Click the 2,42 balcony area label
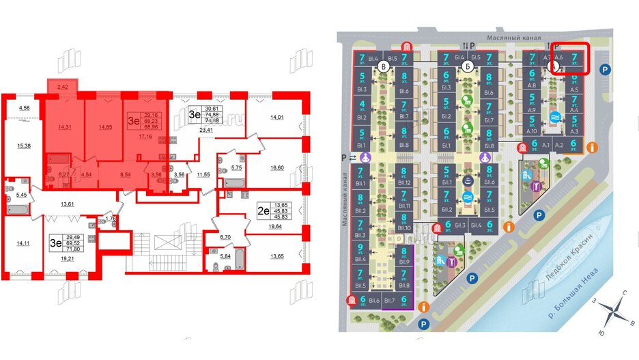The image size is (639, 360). (x=63, y=87)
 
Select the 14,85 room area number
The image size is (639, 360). (x=105, y=127)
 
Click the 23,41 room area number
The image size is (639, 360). (x=207, y=128)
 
